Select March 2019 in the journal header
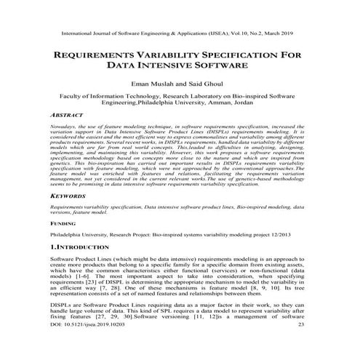(290, 33)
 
